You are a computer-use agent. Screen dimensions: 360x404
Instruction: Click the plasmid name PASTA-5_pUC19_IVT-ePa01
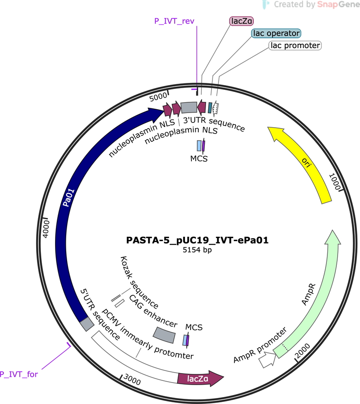pos(197,240)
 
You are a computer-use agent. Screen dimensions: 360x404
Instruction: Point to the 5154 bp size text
pos(197,250)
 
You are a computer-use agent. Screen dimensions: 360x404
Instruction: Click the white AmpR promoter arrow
pos(268,359)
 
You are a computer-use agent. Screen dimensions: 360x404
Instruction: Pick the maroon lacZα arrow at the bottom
pos(200,379)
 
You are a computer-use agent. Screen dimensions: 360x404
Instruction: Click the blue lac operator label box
pos(276,33)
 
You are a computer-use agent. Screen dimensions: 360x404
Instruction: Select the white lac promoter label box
pos(295,46)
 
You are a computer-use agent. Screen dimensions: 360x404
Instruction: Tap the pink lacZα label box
pos(241,21)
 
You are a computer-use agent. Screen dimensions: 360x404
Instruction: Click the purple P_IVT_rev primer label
pos(174,21)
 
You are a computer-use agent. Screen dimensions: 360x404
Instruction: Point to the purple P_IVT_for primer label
pos(18,374)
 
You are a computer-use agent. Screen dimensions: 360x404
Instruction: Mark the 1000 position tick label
pos(335,182)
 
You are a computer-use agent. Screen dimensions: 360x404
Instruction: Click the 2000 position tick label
pos(302,351)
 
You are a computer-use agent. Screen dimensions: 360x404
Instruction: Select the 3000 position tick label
pos(132,379)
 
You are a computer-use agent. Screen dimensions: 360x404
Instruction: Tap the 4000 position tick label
pos(46,229)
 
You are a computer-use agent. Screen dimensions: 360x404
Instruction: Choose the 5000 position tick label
pos(158,97)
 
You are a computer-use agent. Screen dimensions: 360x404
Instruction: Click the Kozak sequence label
pos(139,282)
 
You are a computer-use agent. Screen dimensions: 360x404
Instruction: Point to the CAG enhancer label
pos(153,311)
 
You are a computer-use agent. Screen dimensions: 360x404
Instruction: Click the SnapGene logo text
pos(338,4)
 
